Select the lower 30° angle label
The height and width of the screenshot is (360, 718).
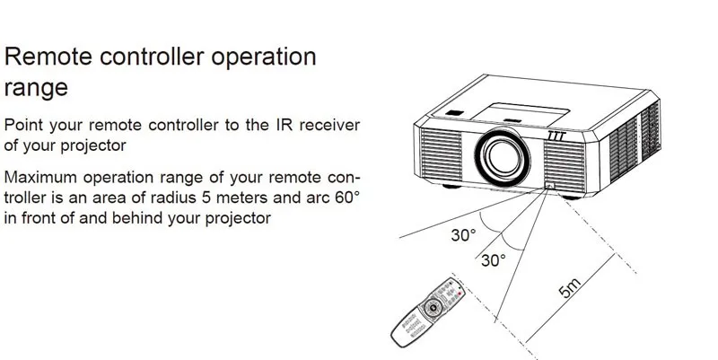click(x=493, y=260)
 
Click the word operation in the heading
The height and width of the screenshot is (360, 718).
click(x=261, y=57)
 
